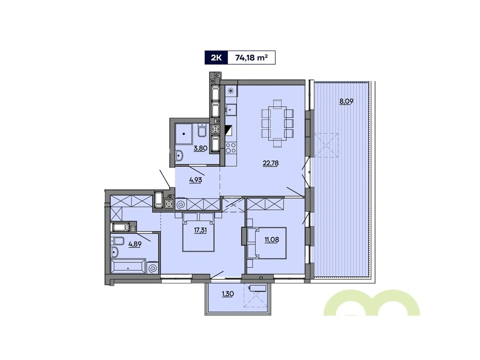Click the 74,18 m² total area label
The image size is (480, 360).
point(251,58)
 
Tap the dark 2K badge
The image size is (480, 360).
point(216,58)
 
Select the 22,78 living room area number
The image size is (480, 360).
point(271,163)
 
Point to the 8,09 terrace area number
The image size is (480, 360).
point(346,101)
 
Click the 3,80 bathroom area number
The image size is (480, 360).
point(200,148)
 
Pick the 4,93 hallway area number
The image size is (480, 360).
point(195,180)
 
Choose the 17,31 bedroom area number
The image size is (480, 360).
point(200,230)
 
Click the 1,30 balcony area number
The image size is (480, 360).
point(228,294)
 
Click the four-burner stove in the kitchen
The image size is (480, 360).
point(230,148)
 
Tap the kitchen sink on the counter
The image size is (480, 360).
point(230,109)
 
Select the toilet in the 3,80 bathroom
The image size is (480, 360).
point(202,131)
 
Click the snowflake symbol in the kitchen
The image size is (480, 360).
point(231,91)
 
